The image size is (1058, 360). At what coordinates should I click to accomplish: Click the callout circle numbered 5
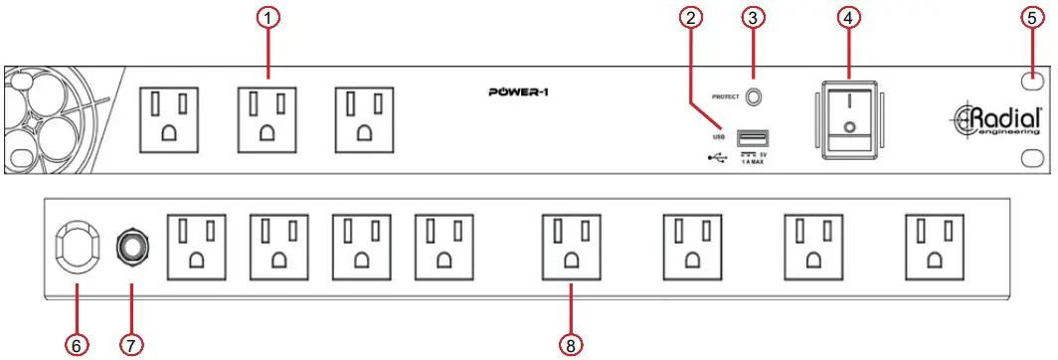point(1033,17)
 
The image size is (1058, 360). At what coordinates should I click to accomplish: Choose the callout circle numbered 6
point(76,344)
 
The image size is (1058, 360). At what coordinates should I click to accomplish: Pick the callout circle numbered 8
point(571,344)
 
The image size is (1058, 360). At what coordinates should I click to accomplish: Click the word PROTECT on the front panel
point(725,97)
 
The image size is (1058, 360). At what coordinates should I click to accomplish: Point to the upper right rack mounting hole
point(1033,81)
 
